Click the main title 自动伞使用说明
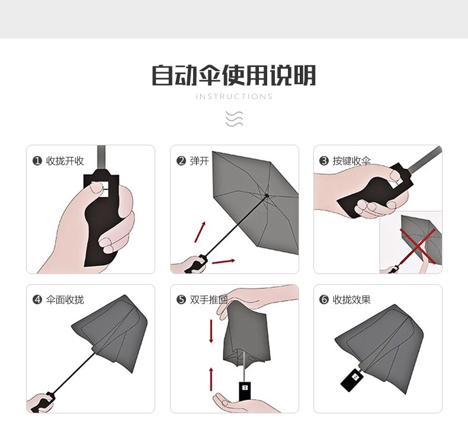coord(233,75)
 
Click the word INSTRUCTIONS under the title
coord(234,97)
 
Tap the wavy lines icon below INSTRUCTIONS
coord(235,119)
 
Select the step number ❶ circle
coord(37,161)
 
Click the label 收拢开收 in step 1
coord(65,161)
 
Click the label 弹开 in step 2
coord(200,161)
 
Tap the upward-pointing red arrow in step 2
coord(200,232)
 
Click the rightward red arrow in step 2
coord(223,262)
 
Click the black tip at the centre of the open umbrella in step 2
coord(267,196)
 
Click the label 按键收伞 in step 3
coord(352,161)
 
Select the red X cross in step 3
coord(418,246)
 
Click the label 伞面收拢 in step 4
coord(65,300)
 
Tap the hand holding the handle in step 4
coord(40,403)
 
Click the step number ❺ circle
coord(181,300)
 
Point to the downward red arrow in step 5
coord(211,331)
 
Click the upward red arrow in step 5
coord(211,379)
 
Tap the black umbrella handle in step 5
coord(245,391)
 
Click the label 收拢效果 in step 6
coord(352,300)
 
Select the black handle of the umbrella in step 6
coord(352,380)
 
